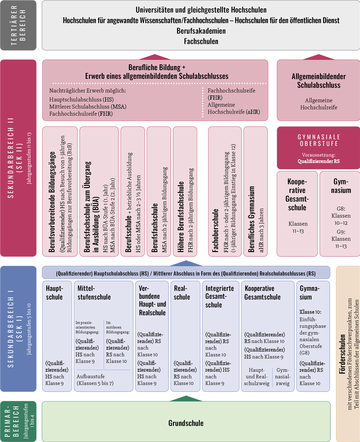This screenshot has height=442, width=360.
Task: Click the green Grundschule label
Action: [186, 423]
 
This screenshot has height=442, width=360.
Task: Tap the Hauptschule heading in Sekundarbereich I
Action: [54, 292]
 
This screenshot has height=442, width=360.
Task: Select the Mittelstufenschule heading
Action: [94, 292]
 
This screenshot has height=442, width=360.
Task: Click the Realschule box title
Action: [182, 292]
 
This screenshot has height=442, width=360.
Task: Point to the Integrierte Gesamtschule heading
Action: [219, 297]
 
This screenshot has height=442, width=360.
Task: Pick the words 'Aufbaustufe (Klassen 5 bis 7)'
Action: [95, 380]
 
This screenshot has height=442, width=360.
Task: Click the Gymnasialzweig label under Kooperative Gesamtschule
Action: [283, 377]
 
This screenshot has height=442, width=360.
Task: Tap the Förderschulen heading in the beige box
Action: [342, 354]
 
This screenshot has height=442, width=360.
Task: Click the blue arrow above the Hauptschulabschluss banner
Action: [186, 263]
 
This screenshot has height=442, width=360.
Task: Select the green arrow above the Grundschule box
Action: [186, 398]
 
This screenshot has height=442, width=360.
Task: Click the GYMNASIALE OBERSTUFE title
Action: [319, 140]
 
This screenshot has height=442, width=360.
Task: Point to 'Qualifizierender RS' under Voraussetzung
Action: [319, 161]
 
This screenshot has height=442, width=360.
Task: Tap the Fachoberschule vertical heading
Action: [215, 231]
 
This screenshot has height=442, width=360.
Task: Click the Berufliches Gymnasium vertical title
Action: [251, 219]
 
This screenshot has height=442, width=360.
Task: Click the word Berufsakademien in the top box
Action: [201, 31]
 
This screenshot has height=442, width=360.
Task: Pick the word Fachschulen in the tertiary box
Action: [201, 41]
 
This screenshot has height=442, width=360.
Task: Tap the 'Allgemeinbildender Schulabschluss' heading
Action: [319, 81]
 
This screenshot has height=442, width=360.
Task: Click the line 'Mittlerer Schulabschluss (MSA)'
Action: [88, 107]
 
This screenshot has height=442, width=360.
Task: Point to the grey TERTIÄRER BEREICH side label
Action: [18, 25]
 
